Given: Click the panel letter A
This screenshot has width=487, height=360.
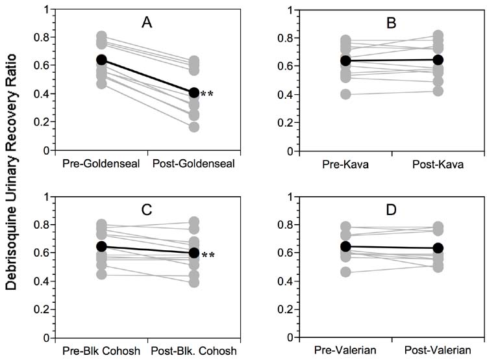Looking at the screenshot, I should (x=148, y=23).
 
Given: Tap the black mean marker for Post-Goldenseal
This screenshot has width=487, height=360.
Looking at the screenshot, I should (x=194, y=93).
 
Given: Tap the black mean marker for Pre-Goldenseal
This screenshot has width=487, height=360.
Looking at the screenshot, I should (x=101, y=60).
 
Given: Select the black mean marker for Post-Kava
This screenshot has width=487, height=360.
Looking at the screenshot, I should (x=438, y=60).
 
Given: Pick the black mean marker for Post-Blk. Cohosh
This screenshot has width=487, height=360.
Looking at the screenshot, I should (x=194, y=252).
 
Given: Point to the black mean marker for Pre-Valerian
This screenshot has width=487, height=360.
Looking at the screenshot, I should (x=346, y=247).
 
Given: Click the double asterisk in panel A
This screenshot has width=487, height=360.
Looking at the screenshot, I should (x=207, y=95).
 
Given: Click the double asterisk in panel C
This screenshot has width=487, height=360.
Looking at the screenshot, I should (x=207, y=254).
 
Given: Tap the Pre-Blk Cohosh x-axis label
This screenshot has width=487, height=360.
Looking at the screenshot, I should (x=101, y=352).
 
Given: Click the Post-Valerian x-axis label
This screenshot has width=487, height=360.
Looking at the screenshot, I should (x=438, y=352).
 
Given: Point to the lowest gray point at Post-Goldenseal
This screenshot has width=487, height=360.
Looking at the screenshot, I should (x=194, y=127).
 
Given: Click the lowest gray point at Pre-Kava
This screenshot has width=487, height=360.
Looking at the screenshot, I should (x=346, y=94).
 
